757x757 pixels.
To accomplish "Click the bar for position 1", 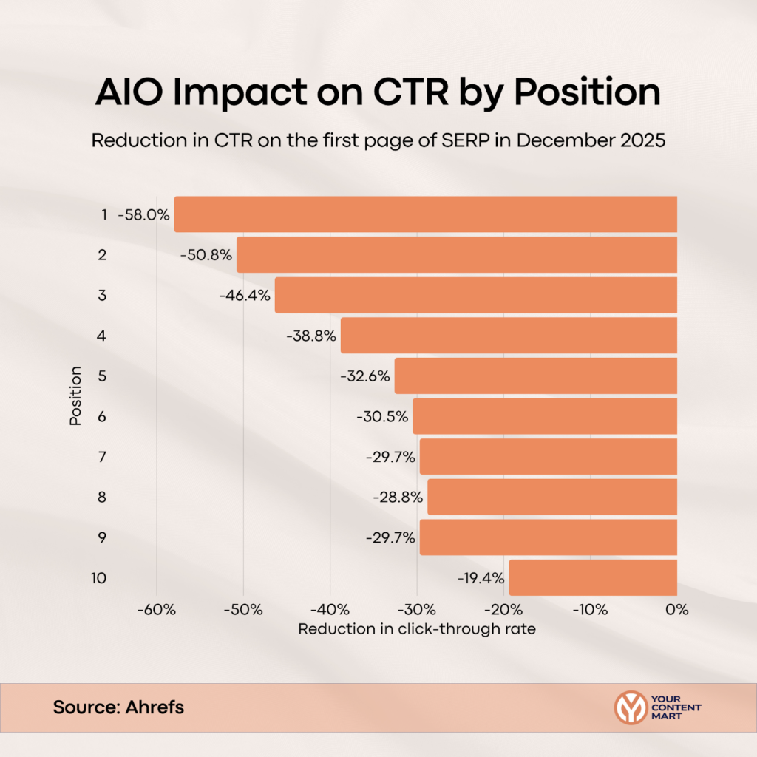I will point(426,214).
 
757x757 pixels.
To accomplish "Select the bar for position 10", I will point(593,577).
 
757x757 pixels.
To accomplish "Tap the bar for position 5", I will point(536,376).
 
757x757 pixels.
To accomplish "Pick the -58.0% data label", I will point(143,215).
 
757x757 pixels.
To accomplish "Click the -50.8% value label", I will point(206,255).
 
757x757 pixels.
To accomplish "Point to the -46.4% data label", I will point(245,296).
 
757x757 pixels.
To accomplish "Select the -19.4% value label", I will point(479,578).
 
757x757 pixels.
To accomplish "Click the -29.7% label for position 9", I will point(390,537).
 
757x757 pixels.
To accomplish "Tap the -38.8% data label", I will point(310,336).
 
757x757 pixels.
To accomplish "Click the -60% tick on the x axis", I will point(157,610).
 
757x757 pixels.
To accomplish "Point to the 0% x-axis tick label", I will point(676,610).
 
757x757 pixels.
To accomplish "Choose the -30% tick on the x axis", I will point(417,610).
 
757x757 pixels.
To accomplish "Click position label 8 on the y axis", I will point(103,497).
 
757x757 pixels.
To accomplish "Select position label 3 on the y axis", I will point(103,295).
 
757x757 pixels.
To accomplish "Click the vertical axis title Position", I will point(75,396).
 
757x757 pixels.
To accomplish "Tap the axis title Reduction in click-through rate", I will point(416,629).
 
